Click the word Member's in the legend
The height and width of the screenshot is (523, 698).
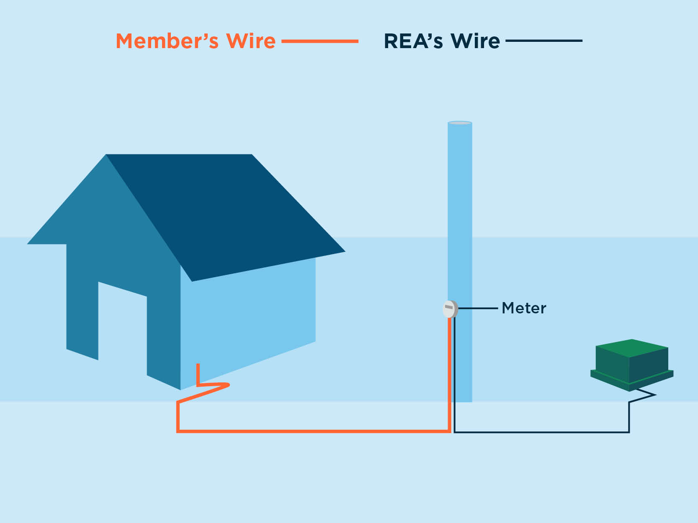click(x=167, y=41)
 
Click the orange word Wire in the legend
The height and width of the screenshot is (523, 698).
click(x=250, y=41)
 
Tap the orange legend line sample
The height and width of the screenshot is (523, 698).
click(x=320, y=41)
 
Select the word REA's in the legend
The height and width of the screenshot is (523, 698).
click(x=413, y=41)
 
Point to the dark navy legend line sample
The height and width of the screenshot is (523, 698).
click(x=544, y=41)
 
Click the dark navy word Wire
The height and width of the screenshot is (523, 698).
click(x=475, y=41)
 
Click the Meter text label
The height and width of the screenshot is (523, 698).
click(x=524, y=308)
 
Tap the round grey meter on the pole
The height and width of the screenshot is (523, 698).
click(x=450, y=309)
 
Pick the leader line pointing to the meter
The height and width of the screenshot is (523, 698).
click(x=478, y=308)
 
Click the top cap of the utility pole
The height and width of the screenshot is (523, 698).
click(x=460, y=123)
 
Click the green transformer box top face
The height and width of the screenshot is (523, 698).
click(x=632, y=348)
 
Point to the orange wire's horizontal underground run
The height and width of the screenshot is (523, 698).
click(x=314, y=431)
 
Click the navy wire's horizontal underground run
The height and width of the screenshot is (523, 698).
click(x=541, y=432)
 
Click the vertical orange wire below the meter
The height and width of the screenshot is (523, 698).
click(x=449, y=374)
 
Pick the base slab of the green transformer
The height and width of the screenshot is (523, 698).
click(x=632, y=380)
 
